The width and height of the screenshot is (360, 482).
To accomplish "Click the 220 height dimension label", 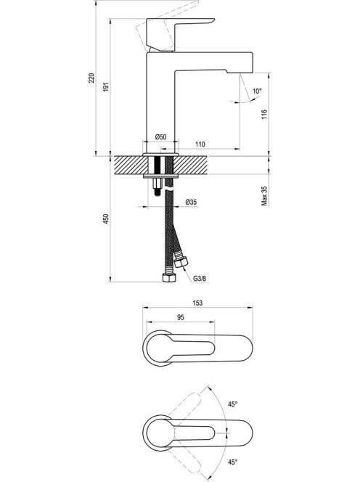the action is (x=91, y=78).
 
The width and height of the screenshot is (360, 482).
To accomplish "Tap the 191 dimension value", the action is (x=106, y=87).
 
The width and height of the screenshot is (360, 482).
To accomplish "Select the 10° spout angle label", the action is (x=257, y=91).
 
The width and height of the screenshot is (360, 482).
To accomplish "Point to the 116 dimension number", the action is (x=264, y=115).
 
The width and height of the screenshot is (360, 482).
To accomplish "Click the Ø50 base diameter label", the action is (x=161, y=137).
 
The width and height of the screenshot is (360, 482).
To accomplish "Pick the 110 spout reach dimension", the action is (x=200, y=144).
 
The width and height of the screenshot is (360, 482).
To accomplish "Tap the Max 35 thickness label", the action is (x=264, y=195).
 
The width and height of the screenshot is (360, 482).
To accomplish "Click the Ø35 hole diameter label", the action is (x=191, y=202).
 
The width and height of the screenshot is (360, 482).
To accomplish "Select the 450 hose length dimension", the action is (x=106, y=218).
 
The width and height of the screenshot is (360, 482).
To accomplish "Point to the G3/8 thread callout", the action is (x=200, y=279).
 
